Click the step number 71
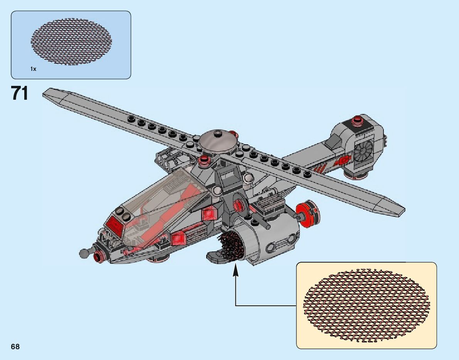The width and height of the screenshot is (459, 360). (20, 94)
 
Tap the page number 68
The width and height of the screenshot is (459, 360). (15, 347)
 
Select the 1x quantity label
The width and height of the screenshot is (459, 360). (33, 69)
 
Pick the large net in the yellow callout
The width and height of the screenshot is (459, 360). (366, 306)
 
